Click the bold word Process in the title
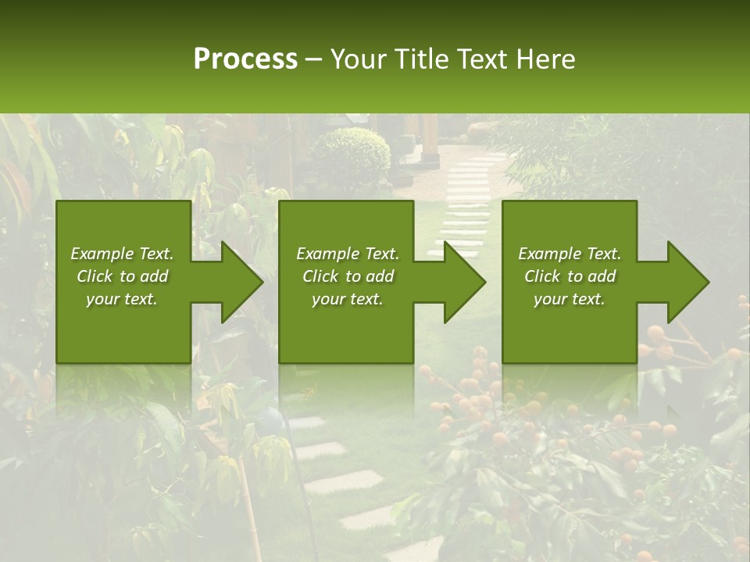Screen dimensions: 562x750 pos(245,59)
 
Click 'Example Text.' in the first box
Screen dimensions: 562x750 pos(122,254)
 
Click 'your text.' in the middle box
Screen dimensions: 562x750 pos(347,299)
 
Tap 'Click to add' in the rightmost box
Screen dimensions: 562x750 pos(570,276)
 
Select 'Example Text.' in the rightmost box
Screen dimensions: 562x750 pos(570,254)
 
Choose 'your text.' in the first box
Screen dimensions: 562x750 pos(122,299)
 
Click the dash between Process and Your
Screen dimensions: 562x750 pos(314,60)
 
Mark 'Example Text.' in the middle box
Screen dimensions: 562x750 pos(347,254)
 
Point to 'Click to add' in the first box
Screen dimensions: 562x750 pos(122,276)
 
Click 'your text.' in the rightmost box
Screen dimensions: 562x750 pos(570,299)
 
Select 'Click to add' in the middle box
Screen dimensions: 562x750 pos(347,276)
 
